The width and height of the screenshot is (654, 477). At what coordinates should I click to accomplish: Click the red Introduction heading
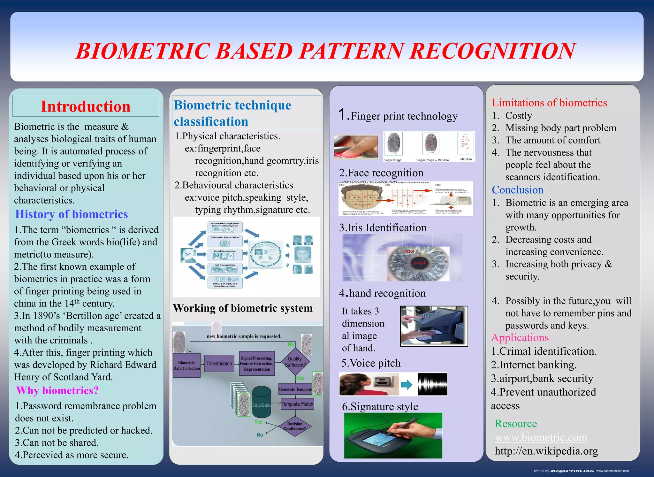tap(86, 106)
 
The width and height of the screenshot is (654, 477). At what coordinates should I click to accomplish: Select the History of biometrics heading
tap(72, 214)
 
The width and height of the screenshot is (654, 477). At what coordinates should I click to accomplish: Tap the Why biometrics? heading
tap(57, 390)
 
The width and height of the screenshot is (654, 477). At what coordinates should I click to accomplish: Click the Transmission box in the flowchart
tap(219, 364)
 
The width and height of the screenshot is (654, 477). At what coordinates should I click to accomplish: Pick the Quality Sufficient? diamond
tap(295, 362)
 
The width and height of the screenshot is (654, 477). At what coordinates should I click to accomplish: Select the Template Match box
tap(297, 404)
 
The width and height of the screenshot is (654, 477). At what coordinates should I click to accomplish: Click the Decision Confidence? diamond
tap(294, 426)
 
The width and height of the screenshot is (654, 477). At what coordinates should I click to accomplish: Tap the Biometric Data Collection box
tap(186, 365)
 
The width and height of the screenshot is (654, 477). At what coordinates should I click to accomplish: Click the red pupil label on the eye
tap(420, 263)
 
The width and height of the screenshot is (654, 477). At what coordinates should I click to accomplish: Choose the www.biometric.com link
tap(541, 437)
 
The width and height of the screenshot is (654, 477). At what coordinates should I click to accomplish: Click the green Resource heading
tap(516, 423)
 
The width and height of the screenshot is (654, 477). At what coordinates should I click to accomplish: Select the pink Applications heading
tap(520, 337)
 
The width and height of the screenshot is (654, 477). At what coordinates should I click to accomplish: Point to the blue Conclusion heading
tap(517, 190)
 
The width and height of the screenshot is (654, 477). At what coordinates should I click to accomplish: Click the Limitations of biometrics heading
tap(549, 103)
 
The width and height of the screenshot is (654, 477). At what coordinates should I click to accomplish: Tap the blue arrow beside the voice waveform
tap(407, 384)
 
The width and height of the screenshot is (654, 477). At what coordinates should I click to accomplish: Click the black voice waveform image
tap(432, 384)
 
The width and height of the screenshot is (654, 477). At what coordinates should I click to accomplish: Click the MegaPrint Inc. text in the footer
tap(572, 471)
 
